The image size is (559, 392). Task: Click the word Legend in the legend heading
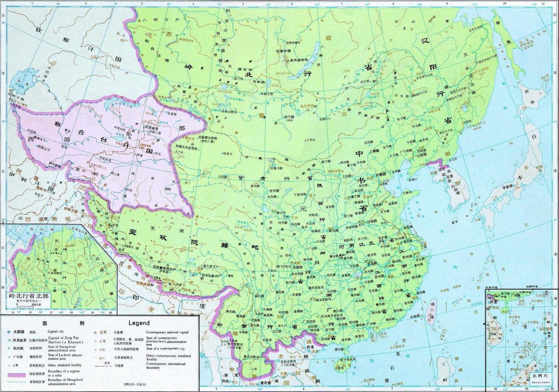tap(139, 323)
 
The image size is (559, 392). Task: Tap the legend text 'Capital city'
tap(56, 332)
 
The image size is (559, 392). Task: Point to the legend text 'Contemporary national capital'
tap(167, 332)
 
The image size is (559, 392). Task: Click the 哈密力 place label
tap(228, 154)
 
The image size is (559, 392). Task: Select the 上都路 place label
tap(376, 151)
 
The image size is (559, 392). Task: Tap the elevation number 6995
tap(142, 148)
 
